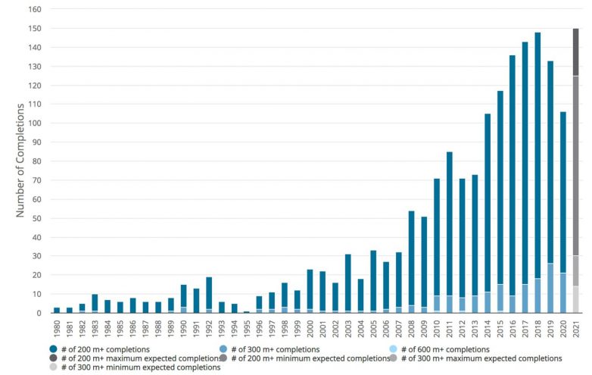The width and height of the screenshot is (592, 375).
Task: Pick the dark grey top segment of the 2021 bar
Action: [576, 52]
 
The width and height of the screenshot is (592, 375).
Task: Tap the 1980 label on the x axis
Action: [57, 327]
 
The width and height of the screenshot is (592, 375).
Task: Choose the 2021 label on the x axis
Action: [576, 327]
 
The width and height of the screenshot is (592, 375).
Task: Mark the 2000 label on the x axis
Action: [310, 327]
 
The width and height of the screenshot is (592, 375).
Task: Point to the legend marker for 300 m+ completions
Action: [255, 348]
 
